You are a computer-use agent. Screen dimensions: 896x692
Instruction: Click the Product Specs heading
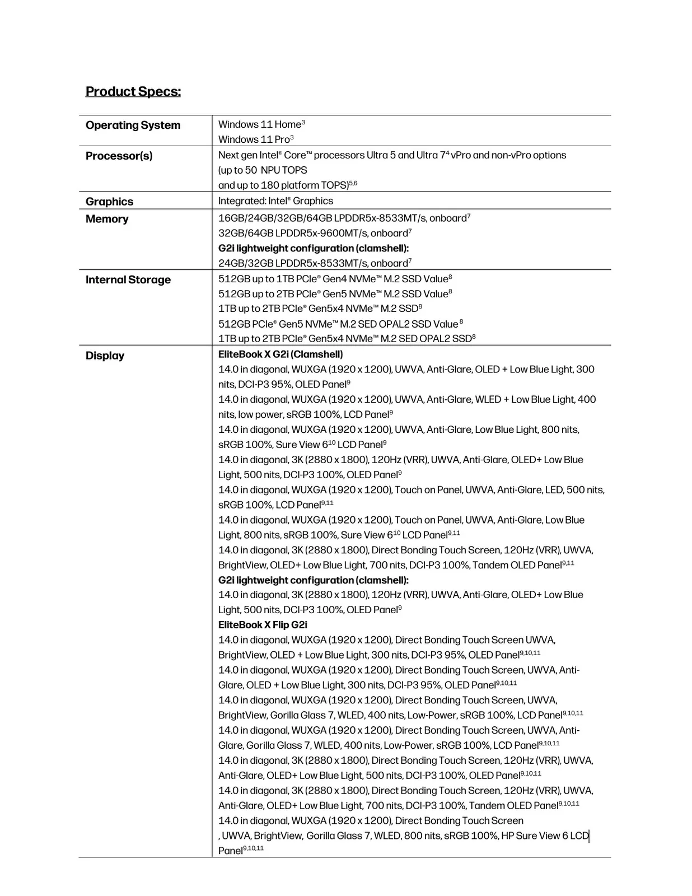click(133, 91)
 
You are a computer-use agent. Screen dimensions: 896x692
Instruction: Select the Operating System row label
click(133, 125)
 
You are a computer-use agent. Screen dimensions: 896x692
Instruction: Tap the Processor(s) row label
click(119, 156)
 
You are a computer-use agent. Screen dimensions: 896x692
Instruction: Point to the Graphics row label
click(109, 202)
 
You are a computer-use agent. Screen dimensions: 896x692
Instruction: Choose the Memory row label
click(106, 219)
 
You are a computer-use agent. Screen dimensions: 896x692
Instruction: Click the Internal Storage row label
click(128, 280)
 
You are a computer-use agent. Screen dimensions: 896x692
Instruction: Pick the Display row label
click(105, 356)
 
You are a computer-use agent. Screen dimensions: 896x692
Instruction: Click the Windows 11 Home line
click(261, 124)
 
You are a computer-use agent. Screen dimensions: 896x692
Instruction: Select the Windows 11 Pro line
click(255, 139)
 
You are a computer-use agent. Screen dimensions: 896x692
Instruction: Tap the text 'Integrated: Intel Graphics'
click(275, 201)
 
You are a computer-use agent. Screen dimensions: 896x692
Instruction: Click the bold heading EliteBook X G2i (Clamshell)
click(280, 354)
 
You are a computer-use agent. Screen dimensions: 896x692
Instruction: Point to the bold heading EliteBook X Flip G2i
click(263, 625)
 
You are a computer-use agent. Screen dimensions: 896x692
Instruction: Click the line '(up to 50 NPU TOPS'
click(263, 170)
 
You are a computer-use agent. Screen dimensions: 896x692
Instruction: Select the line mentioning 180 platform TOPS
click(287, 185)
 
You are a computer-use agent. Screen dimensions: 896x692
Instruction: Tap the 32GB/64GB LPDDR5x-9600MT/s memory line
click(314, 233)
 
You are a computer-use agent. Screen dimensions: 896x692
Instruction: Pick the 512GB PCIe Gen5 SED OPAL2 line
click(339, 324)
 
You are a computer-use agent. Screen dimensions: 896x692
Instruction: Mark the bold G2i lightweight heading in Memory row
click(313, 248)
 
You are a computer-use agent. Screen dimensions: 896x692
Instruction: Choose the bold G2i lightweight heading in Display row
click(313, 580)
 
